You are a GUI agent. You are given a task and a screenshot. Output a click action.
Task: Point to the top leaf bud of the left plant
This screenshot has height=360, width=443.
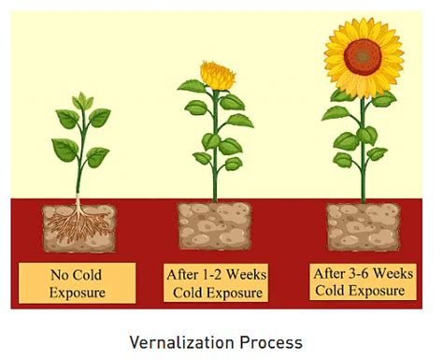(x=82, y=100)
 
